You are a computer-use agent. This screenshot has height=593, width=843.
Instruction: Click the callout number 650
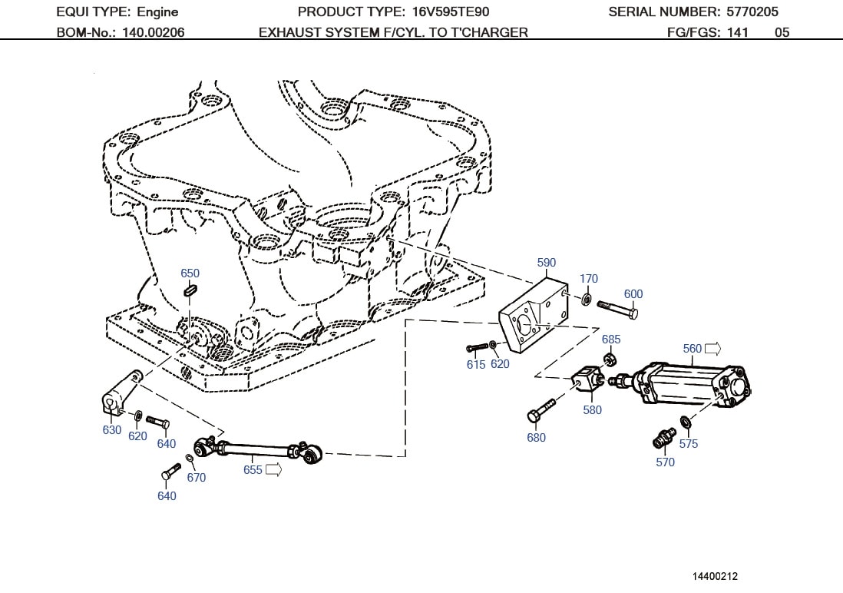pos(190,273)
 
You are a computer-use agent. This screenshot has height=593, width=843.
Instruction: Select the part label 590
pos(546,263)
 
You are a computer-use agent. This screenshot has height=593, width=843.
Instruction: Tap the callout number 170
pos(588,279)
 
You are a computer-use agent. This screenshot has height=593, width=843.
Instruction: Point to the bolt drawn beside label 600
pos(617,309)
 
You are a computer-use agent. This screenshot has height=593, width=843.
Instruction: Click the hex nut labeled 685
pos(610,358)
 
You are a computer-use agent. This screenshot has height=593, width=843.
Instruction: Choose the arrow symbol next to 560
pos(712,349)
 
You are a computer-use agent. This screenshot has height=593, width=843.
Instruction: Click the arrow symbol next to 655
pos(273,469)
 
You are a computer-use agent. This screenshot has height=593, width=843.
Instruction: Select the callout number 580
pos(592,409)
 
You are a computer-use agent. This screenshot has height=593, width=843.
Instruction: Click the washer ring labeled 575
pos(685,422)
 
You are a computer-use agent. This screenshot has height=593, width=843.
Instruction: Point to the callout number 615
pos(476,364)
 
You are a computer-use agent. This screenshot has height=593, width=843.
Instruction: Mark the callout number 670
pos(197,477)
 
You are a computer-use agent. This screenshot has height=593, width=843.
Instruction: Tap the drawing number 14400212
pos(715,575)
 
